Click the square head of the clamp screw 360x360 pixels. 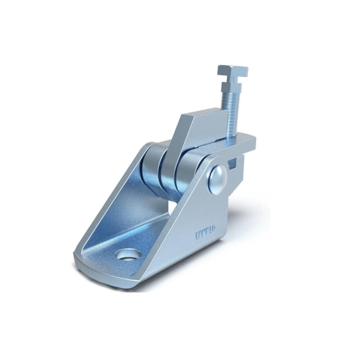232,72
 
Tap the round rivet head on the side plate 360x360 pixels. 217,179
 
